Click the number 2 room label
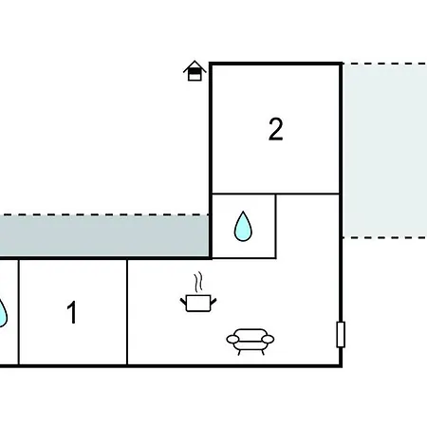tap(275, 129)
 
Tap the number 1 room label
tap(72, 312)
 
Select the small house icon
tap(195, 70)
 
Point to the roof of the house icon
tap(195, 65)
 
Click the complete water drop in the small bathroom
tap(243, 227)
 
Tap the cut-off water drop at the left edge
tap(3, 313)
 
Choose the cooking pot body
tap(198, 304)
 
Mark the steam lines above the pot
tap(198, 282)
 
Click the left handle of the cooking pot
tap(183, 301)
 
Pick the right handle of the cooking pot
tap(213, 301)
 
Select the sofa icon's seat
tap(251, 344)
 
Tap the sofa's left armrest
tap(232, 339)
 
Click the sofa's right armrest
tap(268, 339)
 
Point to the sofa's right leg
tap(263, 352)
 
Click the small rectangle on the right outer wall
tap(341, 334)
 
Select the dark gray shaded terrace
tap(104, 236)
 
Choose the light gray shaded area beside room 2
tap(385, 151)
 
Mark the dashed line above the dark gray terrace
tap(104, 214)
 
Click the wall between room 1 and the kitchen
tap(127, 312)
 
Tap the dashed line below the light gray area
tap(385, 237)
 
